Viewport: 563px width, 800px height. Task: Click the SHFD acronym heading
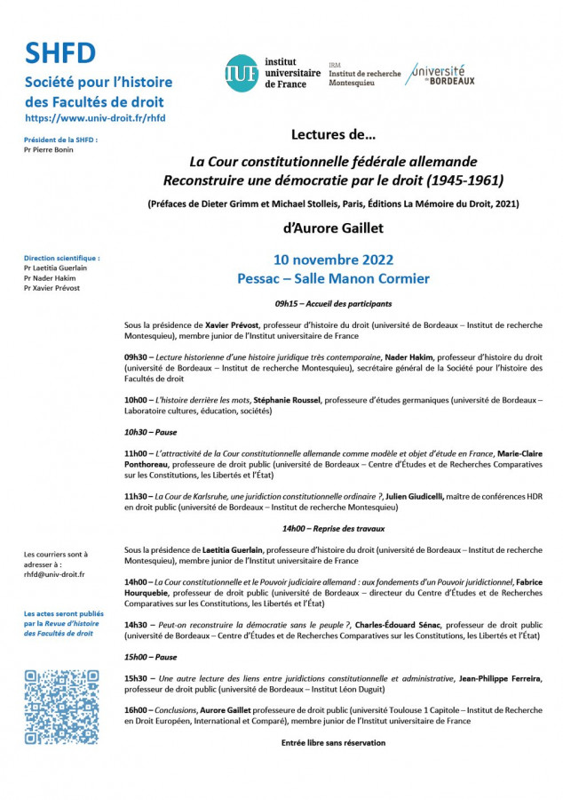point(60,54)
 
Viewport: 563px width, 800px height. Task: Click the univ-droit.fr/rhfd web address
point(95,117)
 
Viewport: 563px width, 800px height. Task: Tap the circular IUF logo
point(242,73)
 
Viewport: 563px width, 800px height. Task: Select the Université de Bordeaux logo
point(441,75)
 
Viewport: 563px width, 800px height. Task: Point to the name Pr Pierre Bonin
point(49,149)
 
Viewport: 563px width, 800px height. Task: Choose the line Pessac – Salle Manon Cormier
point(333,278)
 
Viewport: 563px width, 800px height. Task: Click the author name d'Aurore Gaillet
point(333,228)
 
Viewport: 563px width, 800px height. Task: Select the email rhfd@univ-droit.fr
point(55,574)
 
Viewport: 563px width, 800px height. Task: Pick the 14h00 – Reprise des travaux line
point(333,528)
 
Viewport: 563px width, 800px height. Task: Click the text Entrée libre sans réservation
point(333,742)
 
